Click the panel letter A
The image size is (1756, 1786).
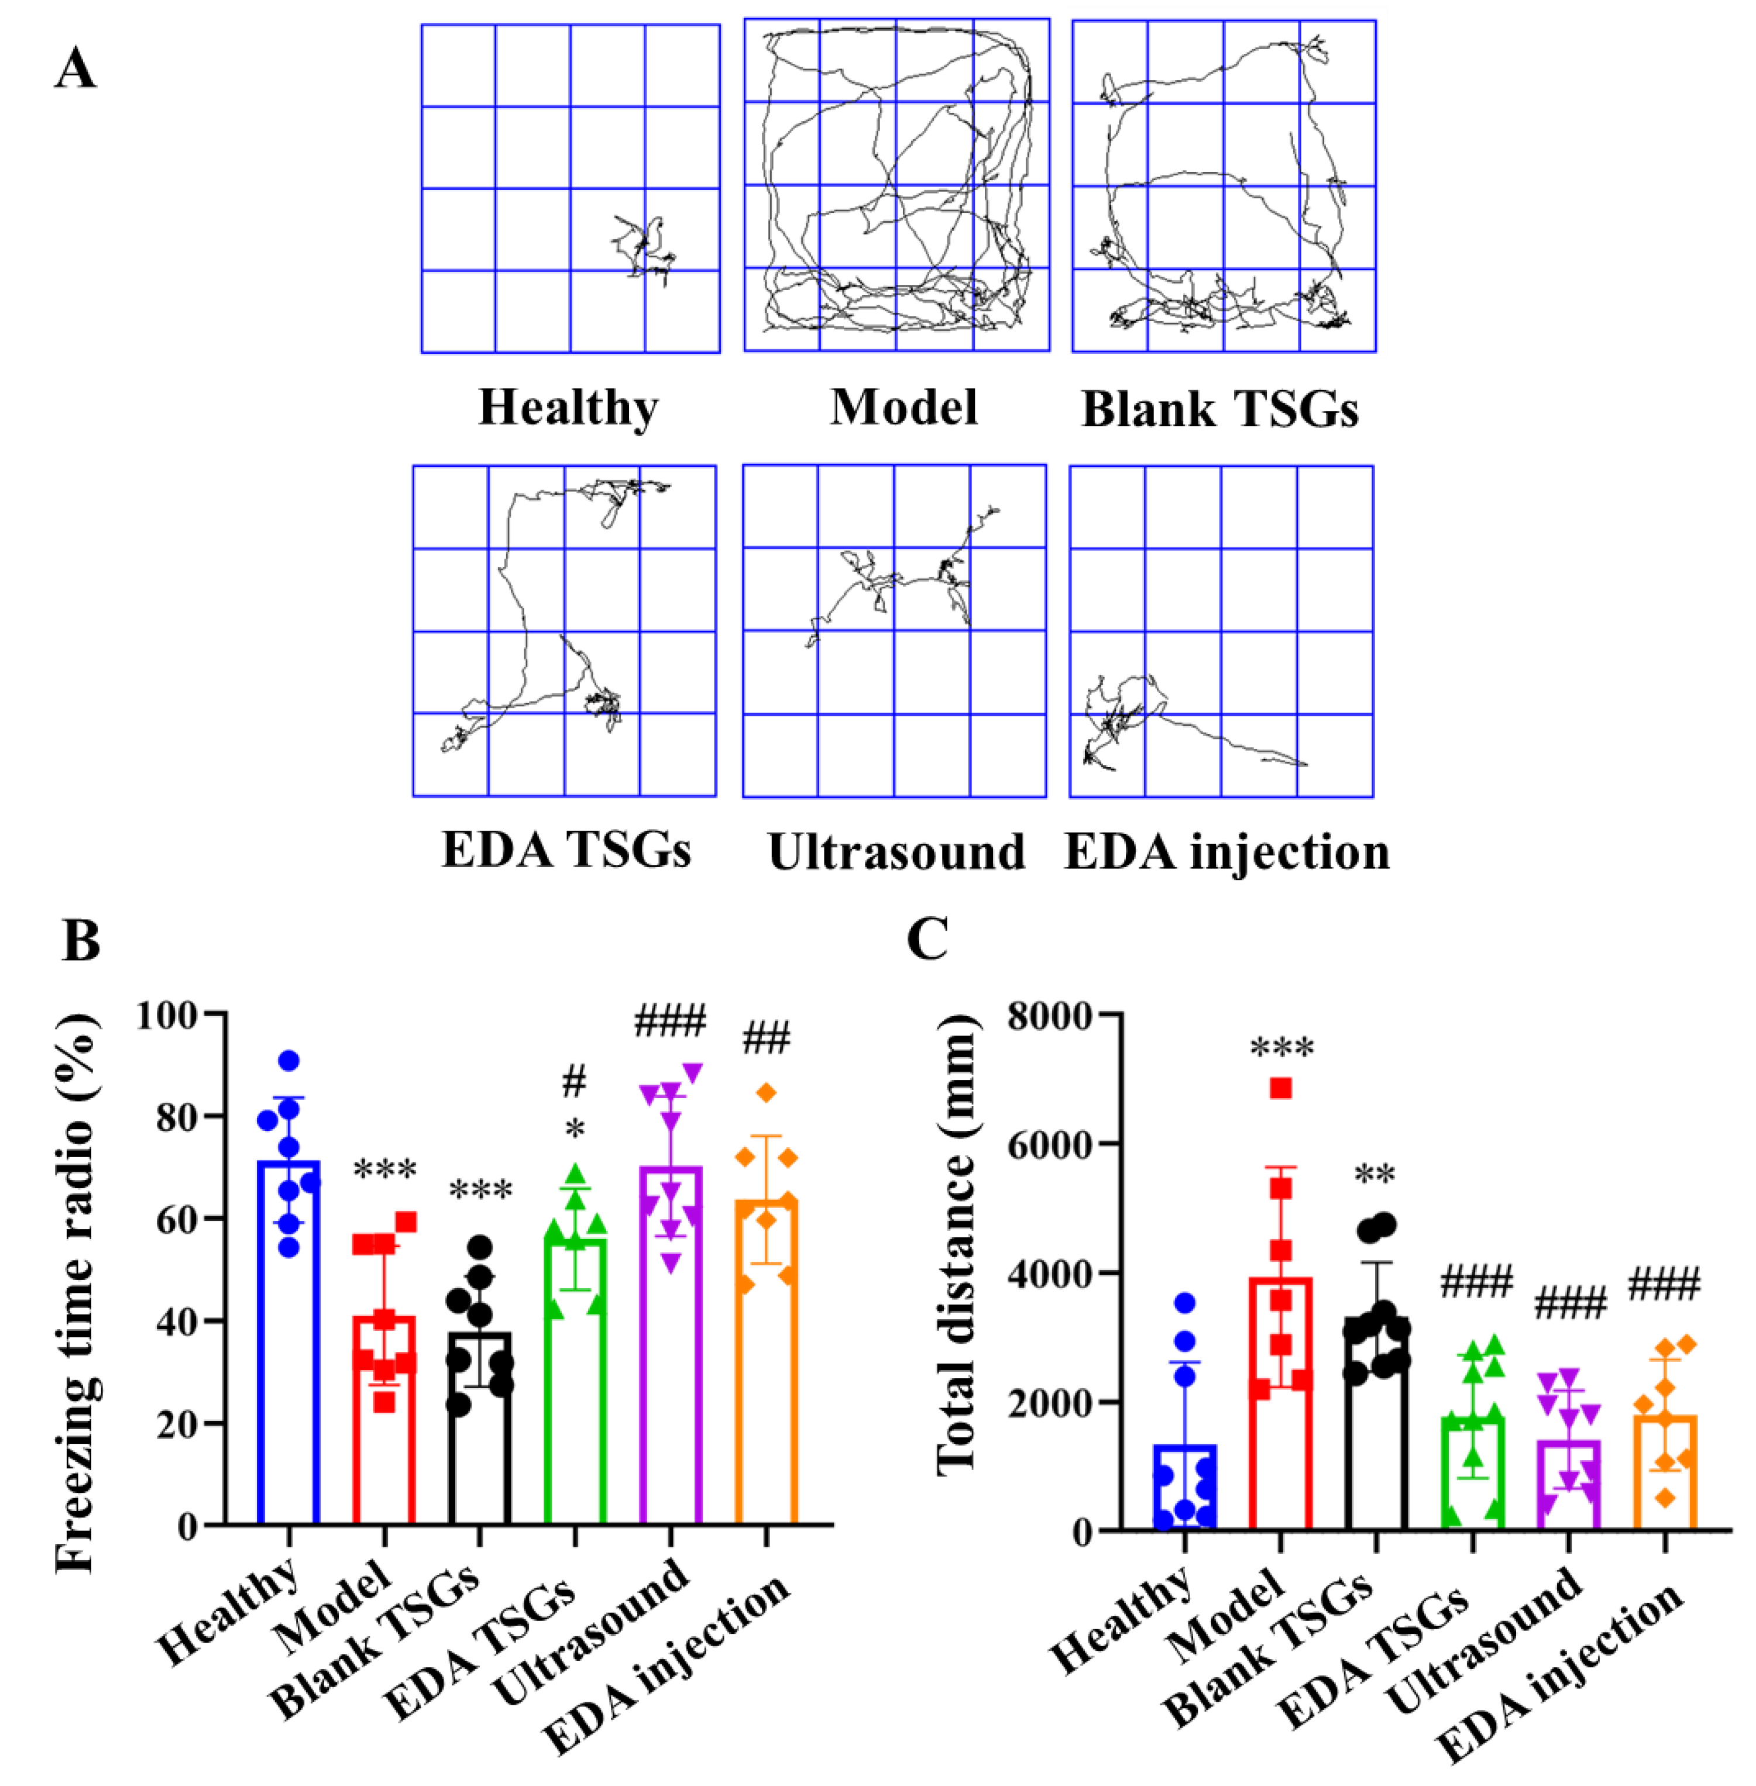pos(75,68)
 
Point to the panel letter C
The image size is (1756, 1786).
pos(927,941)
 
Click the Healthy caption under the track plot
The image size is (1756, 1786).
pos(568,408)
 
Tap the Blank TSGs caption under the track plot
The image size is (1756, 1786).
pos(1219,409)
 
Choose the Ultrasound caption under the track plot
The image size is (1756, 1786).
pos(895,852)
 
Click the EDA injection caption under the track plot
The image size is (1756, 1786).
pos(1226,852)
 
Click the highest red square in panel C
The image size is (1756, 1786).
pos(1280,1089)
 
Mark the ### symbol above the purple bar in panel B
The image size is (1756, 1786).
pos(671,1021)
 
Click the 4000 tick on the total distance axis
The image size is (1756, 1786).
pos(1050,1274)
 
